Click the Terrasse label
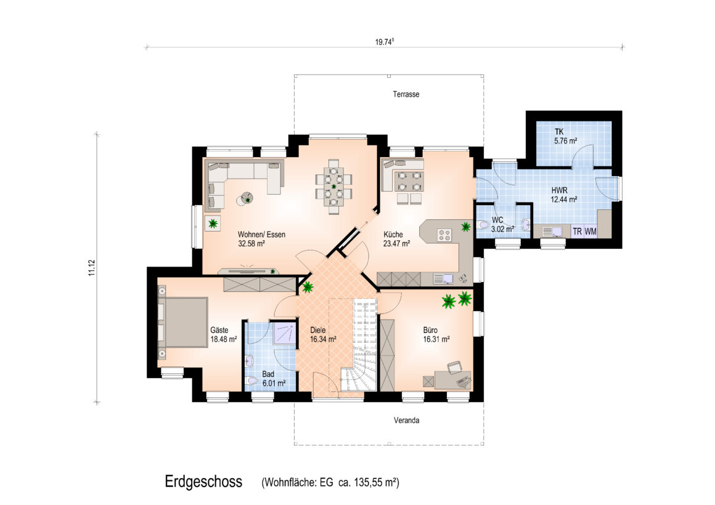coord(406,94)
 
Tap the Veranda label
coord(406,420)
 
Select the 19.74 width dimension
coord(385,42)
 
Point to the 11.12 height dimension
coord(92,268)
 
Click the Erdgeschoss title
coord(203,482)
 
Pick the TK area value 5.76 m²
coord(565,141)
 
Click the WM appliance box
coord(590,232)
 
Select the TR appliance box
coord(578,232)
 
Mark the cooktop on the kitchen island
coord(444,235)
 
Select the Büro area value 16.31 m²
coord(436,339)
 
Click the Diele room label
coord(318,330)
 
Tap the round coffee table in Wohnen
coord(245,199)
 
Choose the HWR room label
coord(560,190)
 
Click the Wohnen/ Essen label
coord(261,235)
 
